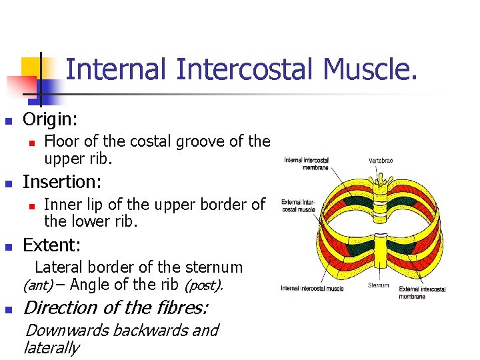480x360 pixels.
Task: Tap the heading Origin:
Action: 50,120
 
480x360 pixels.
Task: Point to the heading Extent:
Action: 52,245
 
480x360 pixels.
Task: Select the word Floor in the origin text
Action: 59,141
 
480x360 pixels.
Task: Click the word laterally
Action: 51,347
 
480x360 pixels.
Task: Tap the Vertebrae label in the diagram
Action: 381,161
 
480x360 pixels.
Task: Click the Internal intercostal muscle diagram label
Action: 312,288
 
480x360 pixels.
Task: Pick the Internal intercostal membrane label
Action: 306,163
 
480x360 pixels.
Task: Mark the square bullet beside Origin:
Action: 9,121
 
